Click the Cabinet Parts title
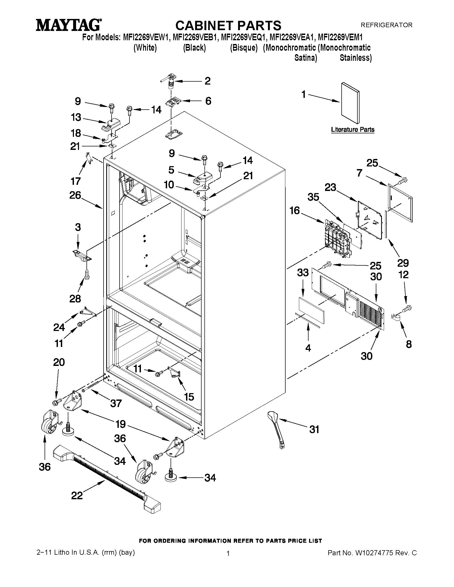[x=228, y=26]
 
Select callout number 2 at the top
[x=207, y=81]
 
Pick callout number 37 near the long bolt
[x=116, y=403]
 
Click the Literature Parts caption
[x=353, y=129]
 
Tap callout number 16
[x=295, y=210]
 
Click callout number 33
[x=303, y=273]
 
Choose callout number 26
[x=75, y=195]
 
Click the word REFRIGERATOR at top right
[x=386, y=25]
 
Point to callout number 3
[x=78, y=227]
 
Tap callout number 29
[x=403, y=263]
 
